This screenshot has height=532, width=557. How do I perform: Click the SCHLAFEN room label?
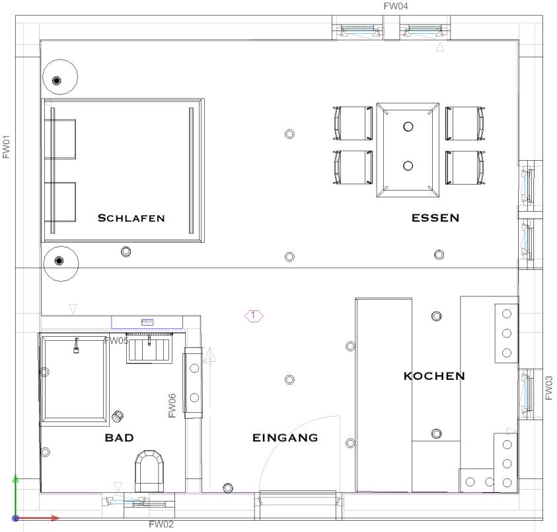click(x=131, y=218)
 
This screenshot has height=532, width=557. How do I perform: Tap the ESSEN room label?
click(x=435, y=218)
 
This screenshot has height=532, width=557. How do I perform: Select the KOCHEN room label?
click(x=434, y=376)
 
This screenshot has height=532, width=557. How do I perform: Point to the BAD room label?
click(x=119, y=437)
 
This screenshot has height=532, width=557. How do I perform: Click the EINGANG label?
click(x=285, y=437)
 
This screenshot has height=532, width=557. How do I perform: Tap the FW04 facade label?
click(x=396, y=6)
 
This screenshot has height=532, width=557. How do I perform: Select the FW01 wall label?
click(x=7, y=147)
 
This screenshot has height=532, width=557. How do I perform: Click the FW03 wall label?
click(x=549, y=388)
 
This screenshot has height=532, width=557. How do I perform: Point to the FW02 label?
click(x=161, y=525)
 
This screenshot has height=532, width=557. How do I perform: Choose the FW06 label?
click(x=172, y=406)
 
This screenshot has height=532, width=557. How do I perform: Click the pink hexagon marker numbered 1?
click(x=254, y=316)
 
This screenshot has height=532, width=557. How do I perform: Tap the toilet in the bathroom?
click(x=150, y=469)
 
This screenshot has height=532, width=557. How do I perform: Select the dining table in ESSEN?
click(x=408, y=150)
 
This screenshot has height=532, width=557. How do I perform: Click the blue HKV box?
click(x=147, y=322)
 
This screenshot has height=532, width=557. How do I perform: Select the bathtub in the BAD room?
click(x=75, y=378)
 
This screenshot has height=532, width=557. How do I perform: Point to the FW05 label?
click(x=116, y=341)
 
